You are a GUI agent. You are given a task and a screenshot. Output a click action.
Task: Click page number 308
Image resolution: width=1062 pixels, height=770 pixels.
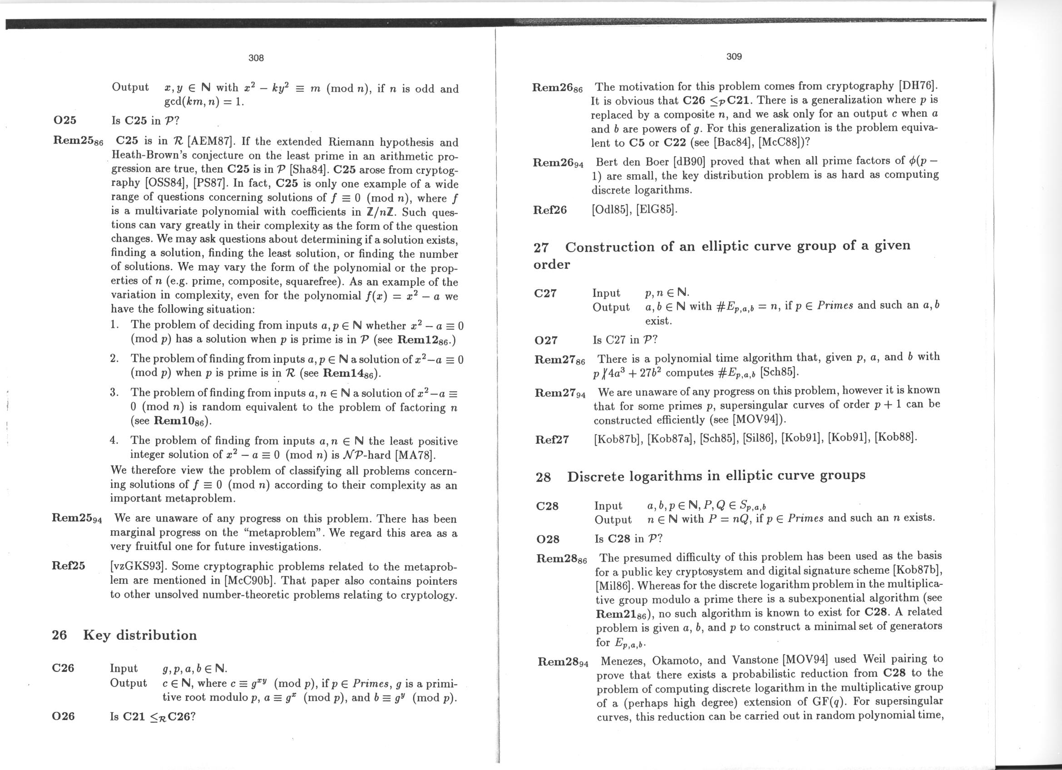[256, 58]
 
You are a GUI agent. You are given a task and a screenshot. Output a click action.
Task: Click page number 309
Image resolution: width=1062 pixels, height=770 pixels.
[734, 57]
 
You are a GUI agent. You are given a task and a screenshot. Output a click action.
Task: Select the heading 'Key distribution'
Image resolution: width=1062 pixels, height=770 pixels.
[140, 635]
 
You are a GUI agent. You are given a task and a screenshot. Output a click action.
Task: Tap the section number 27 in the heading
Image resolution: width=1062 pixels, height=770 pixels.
[541, 247]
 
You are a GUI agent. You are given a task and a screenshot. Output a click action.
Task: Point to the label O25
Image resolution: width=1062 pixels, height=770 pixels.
[64, 120]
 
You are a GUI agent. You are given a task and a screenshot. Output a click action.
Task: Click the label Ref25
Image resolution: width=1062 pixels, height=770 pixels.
[69, 565]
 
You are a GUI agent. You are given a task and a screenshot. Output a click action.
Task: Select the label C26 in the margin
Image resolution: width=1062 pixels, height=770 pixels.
[63, 668]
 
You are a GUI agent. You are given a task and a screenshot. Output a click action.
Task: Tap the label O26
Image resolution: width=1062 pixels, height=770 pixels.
[63, 716]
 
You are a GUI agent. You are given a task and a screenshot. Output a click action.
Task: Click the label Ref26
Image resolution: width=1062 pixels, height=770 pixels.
[550, 210]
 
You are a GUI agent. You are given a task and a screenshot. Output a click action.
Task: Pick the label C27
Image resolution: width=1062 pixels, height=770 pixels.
[545, 293]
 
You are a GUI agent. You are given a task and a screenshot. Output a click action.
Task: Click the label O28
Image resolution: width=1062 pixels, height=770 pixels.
[548, 539]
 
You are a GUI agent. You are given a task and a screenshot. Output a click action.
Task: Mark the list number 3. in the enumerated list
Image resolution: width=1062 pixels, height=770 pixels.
[114, 392]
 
